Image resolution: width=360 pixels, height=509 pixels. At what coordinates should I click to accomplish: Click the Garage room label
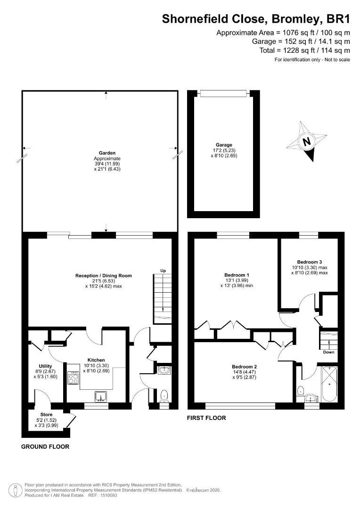point(224,145)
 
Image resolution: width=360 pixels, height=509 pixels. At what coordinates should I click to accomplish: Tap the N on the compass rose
point(306,142)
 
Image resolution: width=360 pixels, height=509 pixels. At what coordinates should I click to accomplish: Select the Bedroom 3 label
point(310,262)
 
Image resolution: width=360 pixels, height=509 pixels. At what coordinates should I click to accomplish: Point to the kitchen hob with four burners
point(73,378)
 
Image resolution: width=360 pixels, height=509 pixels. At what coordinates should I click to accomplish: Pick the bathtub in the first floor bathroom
point(329,385)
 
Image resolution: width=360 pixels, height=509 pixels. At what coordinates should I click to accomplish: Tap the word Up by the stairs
point(163,271)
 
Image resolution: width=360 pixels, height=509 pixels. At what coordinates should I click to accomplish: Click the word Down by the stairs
point(328,352)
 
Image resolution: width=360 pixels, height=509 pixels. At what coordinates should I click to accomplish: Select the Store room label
point(47,415)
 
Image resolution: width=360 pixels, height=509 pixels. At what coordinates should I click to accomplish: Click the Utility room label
point(45,366)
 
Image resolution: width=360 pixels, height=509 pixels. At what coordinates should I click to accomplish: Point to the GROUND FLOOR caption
point(45,447)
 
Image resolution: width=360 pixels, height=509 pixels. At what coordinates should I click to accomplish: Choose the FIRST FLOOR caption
point(206,418)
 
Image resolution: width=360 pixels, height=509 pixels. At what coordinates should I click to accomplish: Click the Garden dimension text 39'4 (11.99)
point(107,164)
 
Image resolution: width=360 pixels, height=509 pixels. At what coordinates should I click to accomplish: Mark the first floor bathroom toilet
point(300,390)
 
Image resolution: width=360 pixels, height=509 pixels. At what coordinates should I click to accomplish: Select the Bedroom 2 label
point(245,367)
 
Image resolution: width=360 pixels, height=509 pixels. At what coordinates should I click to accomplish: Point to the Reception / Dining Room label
point(104,276)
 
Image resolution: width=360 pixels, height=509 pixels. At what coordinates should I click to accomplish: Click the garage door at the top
point(223,93)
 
